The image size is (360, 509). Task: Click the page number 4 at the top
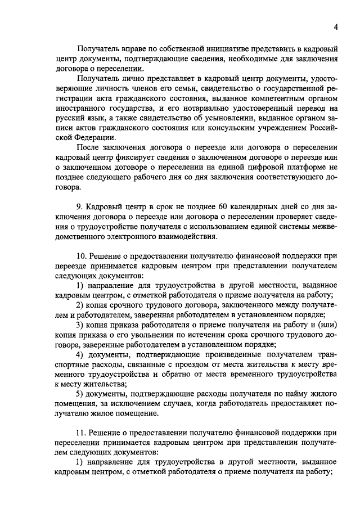point(335,27)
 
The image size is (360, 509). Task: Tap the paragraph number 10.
point(81,255)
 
